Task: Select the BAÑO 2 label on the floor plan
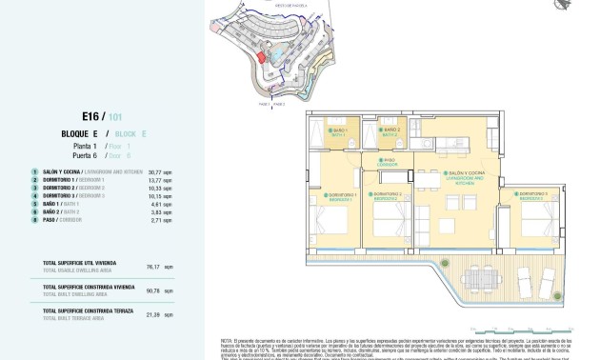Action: pyautogui.click(x=391, y=131)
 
